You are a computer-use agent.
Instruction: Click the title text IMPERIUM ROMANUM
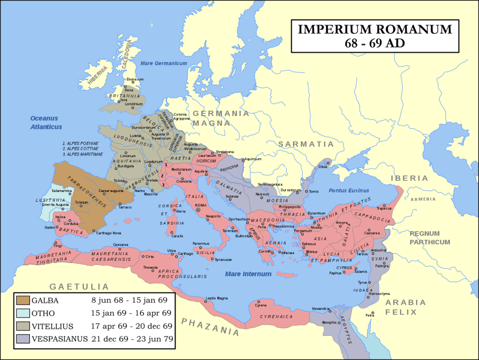click(375, 29)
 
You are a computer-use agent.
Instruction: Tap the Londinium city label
click(133, 104)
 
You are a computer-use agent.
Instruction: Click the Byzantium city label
click(323, 213)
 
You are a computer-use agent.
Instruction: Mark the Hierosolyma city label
click(379, 294)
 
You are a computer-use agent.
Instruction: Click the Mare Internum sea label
click(248, 274)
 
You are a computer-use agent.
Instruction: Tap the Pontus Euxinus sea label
click(349, 191)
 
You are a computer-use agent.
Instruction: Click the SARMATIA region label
click(306, 144)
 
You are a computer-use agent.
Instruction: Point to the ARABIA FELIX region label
click(405, 307)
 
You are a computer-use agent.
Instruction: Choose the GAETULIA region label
click(79, 287)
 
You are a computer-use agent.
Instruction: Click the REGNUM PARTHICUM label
click(429, 238)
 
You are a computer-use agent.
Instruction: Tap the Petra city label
click(370, 315)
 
